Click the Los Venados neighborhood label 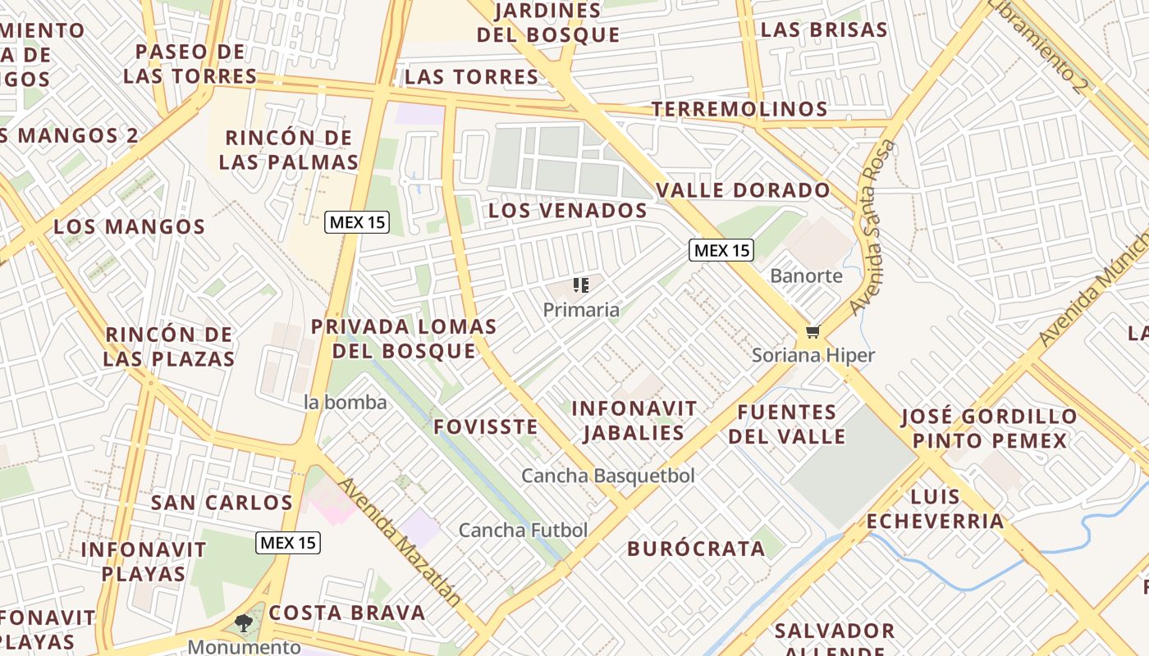point(568,211)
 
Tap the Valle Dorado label point(743,191)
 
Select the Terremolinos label point(739,109)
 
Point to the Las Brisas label point(824,30)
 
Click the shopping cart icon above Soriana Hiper point(813,332)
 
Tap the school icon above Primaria point(581,286)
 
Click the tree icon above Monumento point(244,623)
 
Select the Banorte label point(806,276)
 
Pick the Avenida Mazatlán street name point(400,542)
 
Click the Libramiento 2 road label point(1037,45)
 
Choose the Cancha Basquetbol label point(608,476)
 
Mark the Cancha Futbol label point(523,531)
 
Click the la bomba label point(345,403)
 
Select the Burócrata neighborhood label point(696,549)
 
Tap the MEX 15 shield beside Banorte point(721,251)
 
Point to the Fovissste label point(486,427)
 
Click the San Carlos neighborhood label point(222,503)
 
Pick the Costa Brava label point(347,613)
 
